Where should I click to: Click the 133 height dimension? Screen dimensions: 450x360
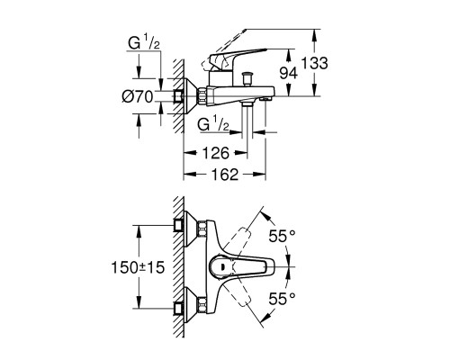coord(315,63)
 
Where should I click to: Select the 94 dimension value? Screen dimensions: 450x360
coord(289,73)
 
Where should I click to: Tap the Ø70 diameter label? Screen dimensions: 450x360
coord(138,96)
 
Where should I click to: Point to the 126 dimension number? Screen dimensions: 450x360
coord(216,153)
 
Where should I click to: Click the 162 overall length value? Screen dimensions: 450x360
coord(225,175)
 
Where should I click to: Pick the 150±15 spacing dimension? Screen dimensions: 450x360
coord(138,267)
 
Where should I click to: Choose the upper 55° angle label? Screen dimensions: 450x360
coord(282,236)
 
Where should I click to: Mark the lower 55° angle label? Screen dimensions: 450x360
coord(282,299)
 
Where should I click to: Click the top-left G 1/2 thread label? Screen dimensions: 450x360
coord(144,44)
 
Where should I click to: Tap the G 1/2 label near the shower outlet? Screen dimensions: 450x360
coord(213,124)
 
